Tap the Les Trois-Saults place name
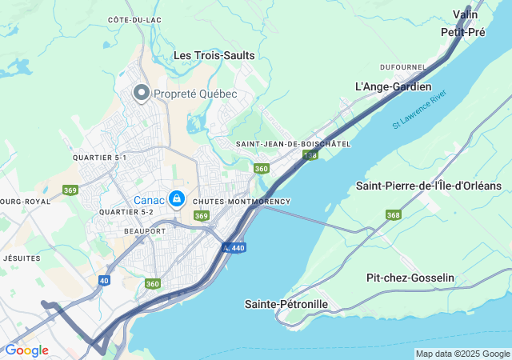[214, 55]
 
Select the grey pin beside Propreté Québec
[142, 94]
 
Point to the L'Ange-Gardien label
[393, 86]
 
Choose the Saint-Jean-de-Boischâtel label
[294, 144]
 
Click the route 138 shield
[310, 154]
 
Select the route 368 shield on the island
[393, 214]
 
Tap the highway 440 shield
[234, 248]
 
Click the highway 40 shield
[105, 280]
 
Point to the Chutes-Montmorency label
[242, 202]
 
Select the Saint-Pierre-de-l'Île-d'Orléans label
[428, 186]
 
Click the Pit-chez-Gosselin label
[410, 278]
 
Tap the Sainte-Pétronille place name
[286, 304]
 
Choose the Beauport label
[145, 230]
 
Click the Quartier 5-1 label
[99, 158]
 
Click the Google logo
[26, 350]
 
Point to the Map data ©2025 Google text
[462, 354]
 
